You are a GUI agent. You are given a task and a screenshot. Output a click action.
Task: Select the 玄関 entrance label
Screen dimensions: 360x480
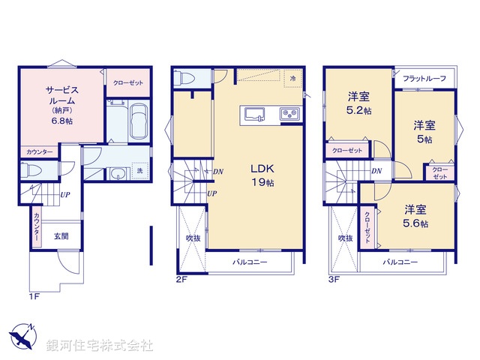pos(61,235)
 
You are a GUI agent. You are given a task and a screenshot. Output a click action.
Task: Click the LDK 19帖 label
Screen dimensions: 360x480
pos(262,173)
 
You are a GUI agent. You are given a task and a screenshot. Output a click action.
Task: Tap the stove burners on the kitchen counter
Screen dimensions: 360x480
pos(289,114)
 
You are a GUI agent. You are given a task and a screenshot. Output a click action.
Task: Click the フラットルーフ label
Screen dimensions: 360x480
pos(424,79)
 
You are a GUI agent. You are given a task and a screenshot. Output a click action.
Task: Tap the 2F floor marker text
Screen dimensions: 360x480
pos(181,279)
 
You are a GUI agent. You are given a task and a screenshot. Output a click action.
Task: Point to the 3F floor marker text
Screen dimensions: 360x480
pos(333,279)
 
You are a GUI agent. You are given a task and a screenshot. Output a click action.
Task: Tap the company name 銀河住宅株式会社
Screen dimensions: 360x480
pos(99,346)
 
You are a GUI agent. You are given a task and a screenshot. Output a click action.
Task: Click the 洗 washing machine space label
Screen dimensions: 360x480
pos(139,172)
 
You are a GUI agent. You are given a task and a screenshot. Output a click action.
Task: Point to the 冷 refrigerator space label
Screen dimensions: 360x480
pos(292,77)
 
